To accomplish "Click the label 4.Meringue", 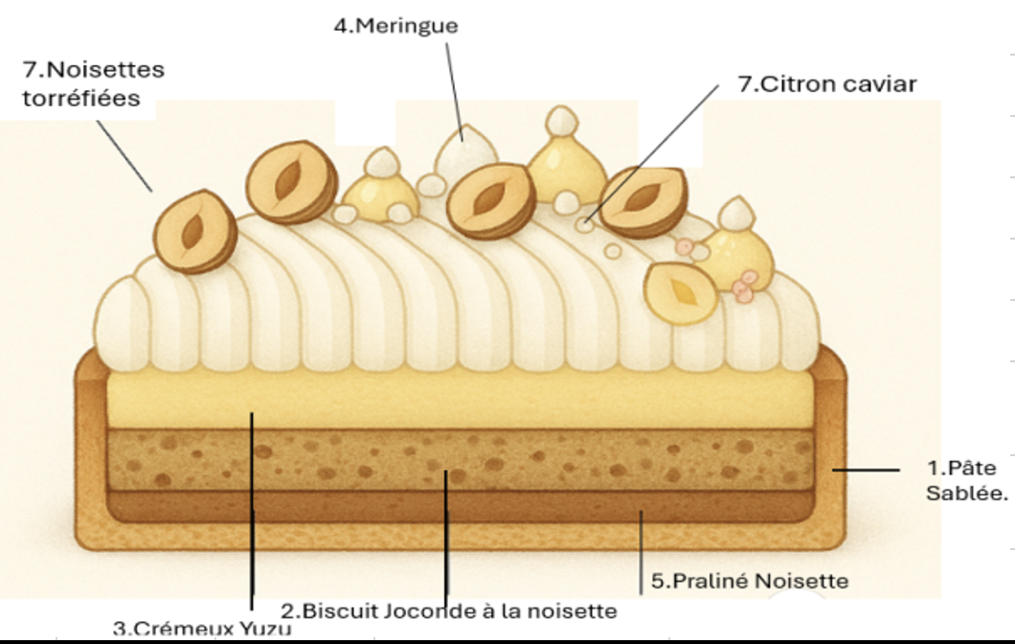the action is [396, 26].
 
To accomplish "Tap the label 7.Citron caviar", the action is [827, 84].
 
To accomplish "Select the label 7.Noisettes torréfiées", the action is [94, 83].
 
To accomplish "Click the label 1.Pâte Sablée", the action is [966, 480].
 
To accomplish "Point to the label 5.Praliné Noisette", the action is [750, 581].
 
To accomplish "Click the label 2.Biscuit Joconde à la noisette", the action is [448, 610].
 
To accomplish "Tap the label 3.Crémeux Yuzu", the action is [202, 628].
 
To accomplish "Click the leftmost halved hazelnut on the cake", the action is [194, 231].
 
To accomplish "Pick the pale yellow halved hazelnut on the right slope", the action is [681, 293].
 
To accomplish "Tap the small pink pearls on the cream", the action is [743, 287].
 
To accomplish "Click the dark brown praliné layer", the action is [460, 506].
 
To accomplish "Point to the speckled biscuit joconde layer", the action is [460, 459].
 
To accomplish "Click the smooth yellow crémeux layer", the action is [460, 400].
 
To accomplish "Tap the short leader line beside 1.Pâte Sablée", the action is [866, 470].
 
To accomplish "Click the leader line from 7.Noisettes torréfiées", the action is [124, 156].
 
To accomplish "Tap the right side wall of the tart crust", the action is [830, 447].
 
